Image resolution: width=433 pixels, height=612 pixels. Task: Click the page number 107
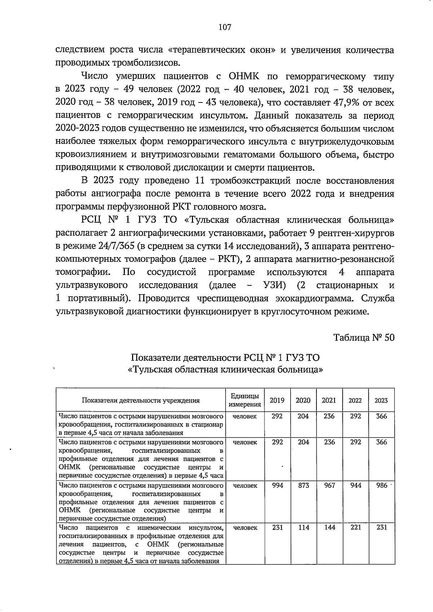pyautogui.click(x=224, y=27)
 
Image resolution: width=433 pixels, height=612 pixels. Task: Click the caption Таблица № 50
pyautogui.click(x=364, y=338)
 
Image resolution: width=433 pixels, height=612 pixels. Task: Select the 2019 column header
pyautogui.click(x=277, y=400)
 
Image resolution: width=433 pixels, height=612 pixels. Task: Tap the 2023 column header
pyautogui.click(x=381, y=400)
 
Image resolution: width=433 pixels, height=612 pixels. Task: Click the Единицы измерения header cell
pyautogui.click(x=245, y=400)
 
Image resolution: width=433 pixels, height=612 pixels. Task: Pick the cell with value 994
pyautogui.click(x=277, y=486)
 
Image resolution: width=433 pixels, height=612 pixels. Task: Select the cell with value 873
pyautogui.click(x=303, y=486)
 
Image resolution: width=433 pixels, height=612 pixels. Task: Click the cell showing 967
pyautogui.click(x=329, y=486)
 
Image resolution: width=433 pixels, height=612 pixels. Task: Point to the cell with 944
pyautogui.click(x=355, y=486)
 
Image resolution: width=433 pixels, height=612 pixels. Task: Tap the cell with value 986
pyautogui.click(x=381, y=486)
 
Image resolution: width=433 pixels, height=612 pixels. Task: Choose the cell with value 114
pyautogui.click(x=303, y=528)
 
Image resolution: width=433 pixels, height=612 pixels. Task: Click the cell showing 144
pyautogui.click(x=329, y=528)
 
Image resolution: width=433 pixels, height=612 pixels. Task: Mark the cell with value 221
pyautogui.click(x=355, y=528)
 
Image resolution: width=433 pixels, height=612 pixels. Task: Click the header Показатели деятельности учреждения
pyautogui.click(x=141, y=400)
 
